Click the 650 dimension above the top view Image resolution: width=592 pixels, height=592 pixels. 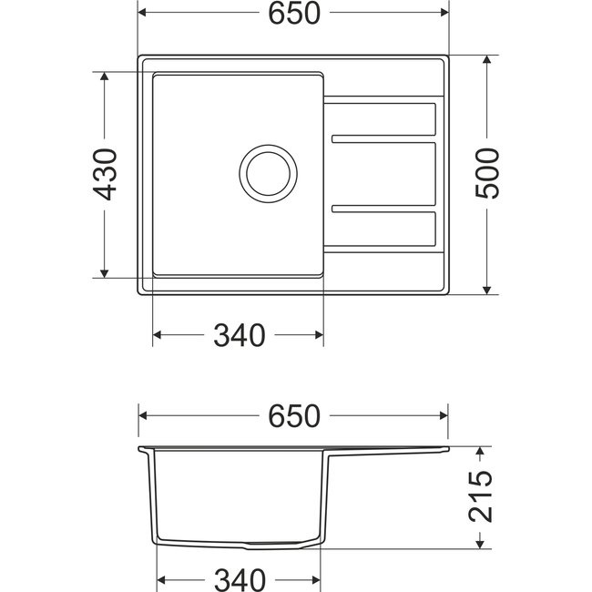click(294, 14)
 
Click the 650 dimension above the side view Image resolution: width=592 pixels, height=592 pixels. click(294, 416)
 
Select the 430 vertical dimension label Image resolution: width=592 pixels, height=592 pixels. click(105, 174)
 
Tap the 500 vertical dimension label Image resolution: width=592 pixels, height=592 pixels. click(487, 173)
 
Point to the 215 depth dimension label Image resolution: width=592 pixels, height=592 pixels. click(480, 496)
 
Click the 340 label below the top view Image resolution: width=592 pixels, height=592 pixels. click(240, 335)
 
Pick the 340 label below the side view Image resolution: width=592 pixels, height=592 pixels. click(240, 579)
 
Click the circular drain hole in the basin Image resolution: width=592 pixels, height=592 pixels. click(268, 174)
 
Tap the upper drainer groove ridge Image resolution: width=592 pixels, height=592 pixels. click(383, 139)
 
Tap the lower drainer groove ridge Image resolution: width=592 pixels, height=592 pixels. click(383, 209)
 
